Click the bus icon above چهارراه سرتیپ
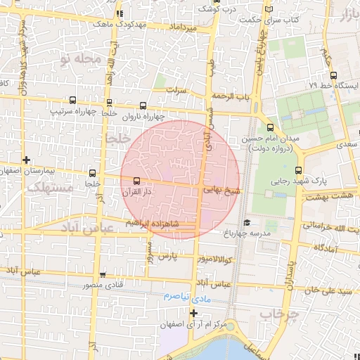coord(75,101)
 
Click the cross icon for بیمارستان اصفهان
coord(27,160)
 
